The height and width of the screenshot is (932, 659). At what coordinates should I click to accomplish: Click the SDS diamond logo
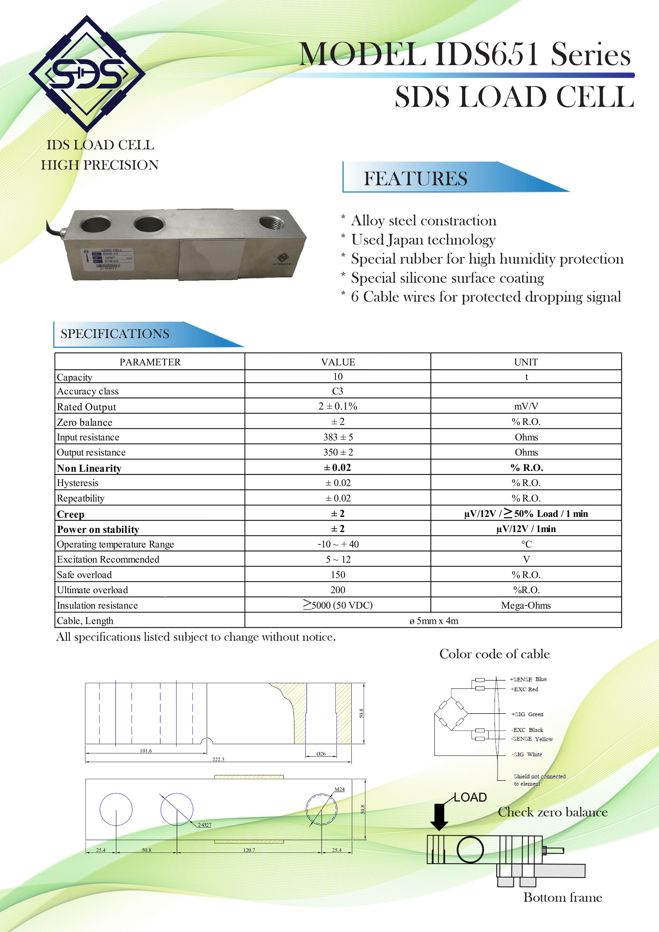pos(87,74)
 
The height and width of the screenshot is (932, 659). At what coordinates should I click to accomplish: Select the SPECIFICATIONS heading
pos(115,334)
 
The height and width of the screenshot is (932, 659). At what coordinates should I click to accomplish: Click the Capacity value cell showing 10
pos(338,377)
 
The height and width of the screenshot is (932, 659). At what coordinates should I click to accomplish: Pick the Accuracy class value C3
pos(338,391)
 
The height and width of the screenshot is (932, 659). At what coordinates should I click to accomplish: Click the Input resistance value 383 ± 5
pos(338,437)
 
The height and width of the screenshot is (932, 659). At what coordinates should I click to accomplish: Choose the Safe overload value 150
pos(338,575)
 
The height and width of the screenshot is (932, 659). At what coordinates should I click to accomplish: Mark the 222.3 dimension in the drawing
pos(218,759)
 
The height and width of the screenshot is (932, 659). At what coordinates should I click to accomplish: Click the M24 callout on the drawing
pos(340,790)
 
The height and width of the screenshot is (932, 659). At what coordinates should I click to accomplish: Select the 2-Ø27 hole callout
pos(205,825)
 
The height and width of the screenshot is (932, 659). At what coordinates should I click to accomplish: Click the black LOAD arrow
pos(439,817)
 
